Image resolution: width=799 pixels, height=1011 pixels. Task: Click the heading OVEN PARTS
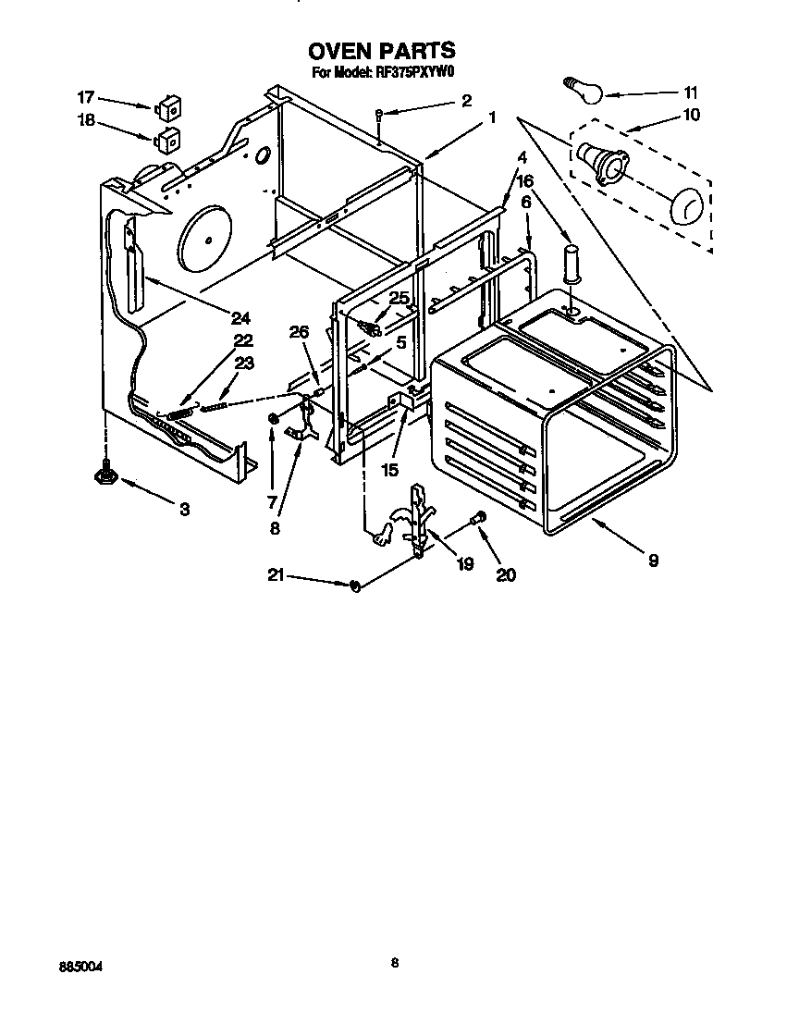tap(381, 51)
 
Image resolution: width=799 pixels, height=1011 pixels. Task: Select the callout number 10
tap(691, 116)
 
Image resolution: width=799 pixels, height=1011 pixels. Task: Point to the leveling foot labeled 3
tap(104, 475)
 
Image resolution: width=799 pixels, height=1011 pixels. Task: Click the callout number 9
tap(653, 561)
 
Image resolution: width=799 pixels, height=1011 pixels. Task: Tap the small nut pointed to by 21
tap(355, 585)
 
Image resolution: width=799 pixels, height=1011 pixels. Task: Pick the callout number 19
tap(464, 563)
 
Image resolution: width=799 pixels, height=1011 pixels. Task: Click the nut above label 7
tap(274, 420)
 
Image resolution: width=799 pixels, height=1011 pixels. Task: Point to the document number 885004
tap(79, 966)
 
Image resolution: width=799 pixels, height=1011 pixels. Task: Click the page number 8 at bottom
tap(395, 963)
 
